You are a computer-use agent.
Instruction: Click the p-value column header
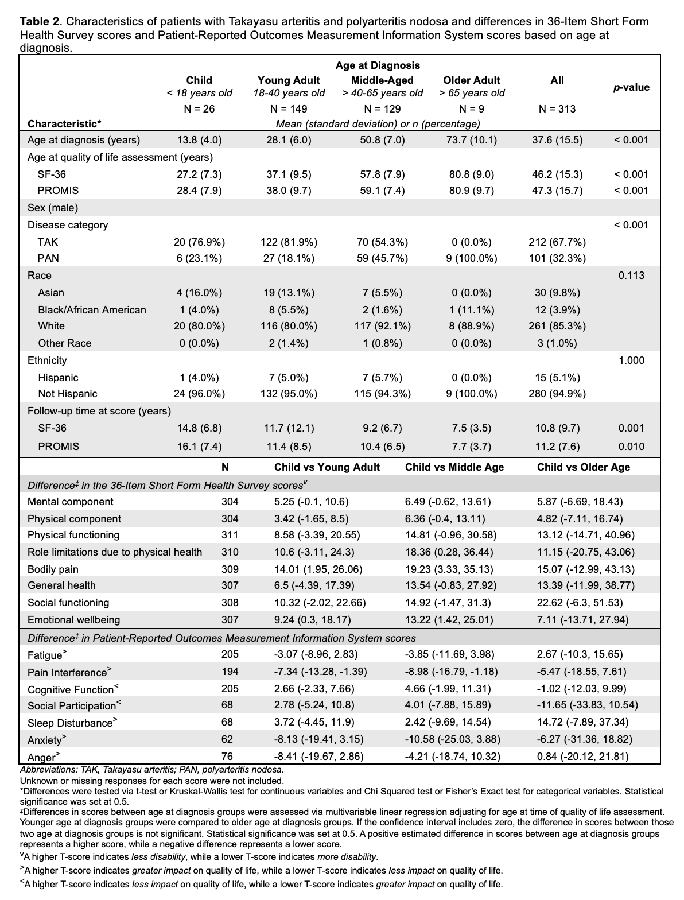pos(631,87)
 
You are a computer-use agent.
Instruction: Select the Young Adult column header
pos(289,80)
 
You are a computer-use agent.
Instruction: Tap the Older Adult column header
pos(472,80)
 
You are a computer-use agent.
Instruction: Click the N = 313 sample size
pos(557,108)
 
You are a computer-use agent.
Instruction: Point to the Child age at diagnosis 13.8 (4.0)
pos(199,140)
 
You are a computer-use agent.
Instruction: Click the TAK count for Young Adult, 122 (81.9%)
pos(289,242)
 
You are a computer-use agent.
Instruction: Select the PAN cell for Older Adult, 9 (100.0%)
pos(472,258)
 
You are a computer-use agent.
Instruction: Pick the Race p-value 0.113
pos(631,276)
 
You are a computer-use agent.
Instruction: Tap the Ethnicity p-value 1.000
pos(631,360)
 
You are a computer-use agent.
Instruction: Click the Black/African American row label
pos(92,310)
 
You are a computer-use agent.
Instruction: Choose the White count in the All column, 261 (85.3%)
pos(557,326)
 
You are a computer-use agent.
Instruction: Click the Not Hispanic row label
pos(68,394)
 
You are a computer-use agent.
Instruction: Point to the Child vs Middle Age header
pos(454,467)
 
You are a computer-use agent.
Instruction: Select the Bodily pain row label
pos(53,569)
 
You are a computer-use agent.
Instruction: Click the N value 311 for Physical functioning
pos(230,535)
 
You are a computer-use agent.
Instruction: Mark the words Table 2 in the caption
pos(40,22)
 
